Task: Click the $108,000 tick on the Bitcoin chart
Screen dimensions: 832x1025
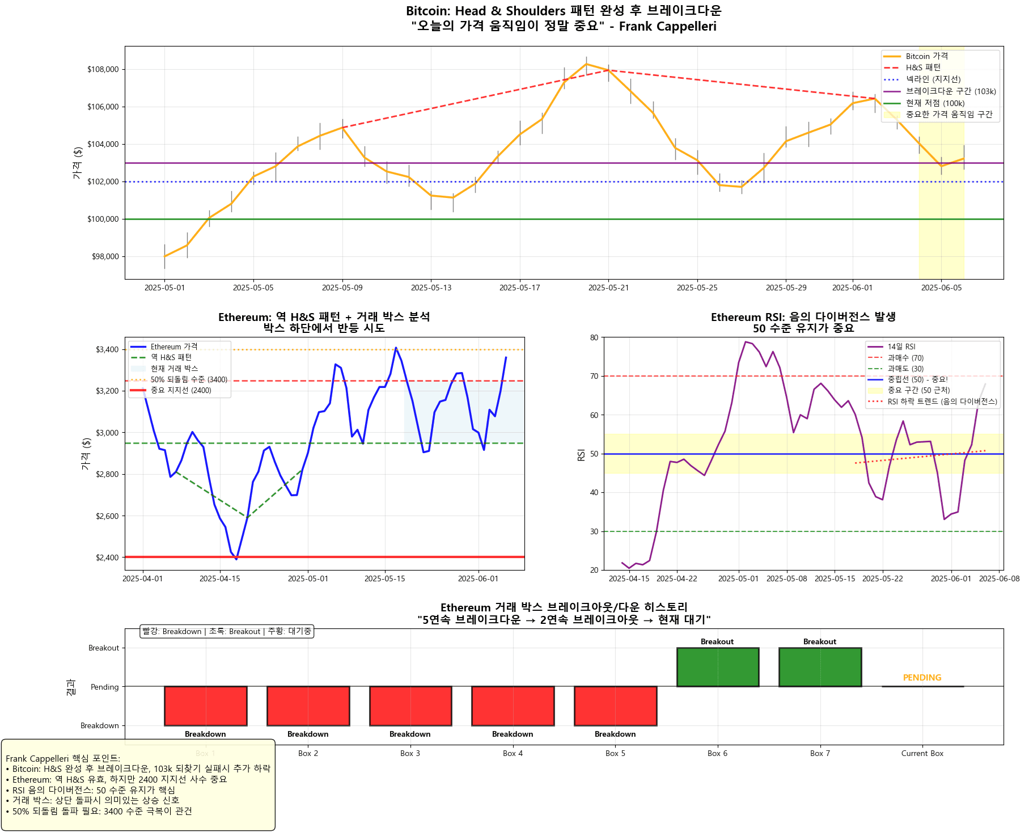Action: [103, 70]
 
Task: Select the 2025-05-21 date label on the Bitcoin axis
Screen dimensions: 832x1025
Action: [608, 288]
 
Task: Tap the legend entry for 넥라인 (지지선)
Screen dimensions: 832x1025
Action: [933, 79]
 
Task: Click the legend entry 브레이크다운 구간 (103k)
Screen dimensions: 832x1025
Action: [950, 91]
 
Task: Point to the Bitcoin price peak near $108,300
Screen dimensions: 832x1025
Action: [586, 64]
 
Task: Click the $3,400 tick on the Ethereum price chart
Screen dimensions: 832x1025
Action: [107, 350]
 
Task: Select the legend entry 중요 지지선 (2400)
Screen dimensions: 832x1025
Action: [180, 391]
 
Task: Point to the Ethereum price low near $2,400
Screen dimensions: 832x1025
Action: [236, 559]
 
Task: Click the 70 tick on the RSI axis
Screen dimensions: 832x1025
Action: [594, 376]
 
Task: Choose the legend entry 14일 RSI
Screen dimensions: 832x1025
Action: [901, 347]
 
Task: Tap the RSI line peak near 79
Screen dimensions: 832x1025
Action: [746, 342]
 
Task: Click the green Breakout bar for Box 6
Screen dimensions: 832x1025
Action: [717, 668]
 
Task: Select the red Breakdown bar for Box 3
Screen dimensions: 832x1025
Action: [410, 706]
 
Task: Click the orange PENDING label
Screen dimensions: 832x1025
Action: [922, 678]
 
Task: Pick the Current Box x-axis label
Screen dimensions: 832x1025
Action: [922, 754]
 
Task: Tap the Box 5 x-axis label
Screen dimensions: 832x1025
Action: [615, 754]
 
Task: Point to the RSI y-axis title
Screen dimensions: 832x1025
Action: [581, 454]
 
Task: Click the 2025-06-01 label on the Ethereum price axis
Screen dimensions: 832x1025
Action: [478, 579]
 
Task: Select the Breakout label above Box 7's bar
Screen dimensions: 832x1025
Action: [819, 642]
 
